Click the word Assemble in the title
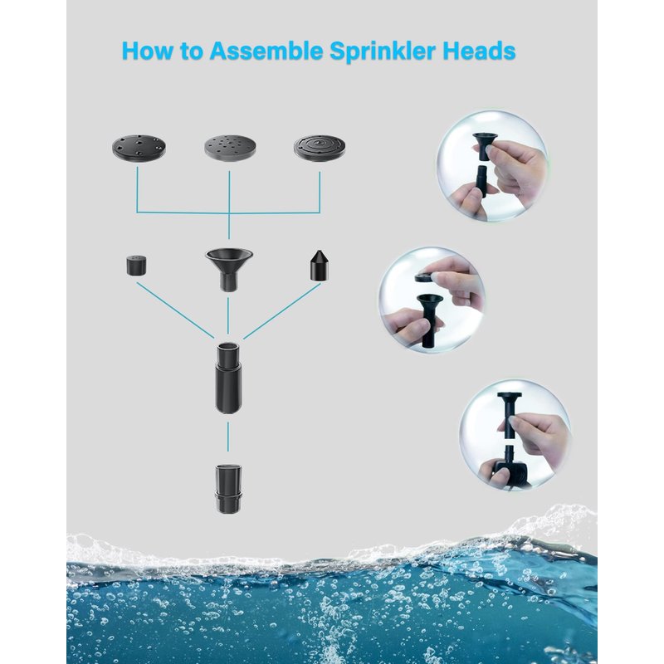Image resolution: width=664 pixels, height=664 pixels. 266,51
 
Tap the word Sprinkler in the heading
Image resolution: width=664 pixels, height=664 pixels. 383,51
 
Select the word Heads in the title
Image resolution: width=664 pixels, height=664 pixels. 480,51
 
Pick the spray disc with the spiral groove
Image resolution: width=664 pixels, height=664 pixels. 320,148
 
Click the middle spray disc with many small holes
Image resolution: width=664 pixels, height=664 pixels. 230,148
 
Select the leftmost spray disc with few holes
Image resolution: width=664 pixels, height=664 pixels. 139,148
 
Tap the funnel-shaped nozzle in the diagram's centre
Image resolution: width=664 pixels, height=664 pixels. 229,269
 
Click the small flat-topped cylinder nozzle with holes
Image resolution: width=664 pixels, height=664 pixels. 136,265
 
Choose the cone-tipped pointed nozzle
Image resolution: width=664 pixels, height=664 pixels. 318,266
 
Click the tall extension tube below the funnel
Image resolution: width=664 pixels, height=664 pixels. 228,378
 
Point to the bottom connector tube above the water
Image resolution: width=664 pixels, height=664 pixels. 228,489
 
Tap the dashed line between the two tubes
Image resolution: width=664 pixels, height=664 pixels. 228,437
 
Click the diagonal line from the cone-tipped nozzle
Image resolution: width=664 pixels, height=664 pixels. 282,311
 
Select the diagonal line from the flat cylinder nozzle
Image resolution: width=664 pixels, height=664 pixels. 175,310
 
